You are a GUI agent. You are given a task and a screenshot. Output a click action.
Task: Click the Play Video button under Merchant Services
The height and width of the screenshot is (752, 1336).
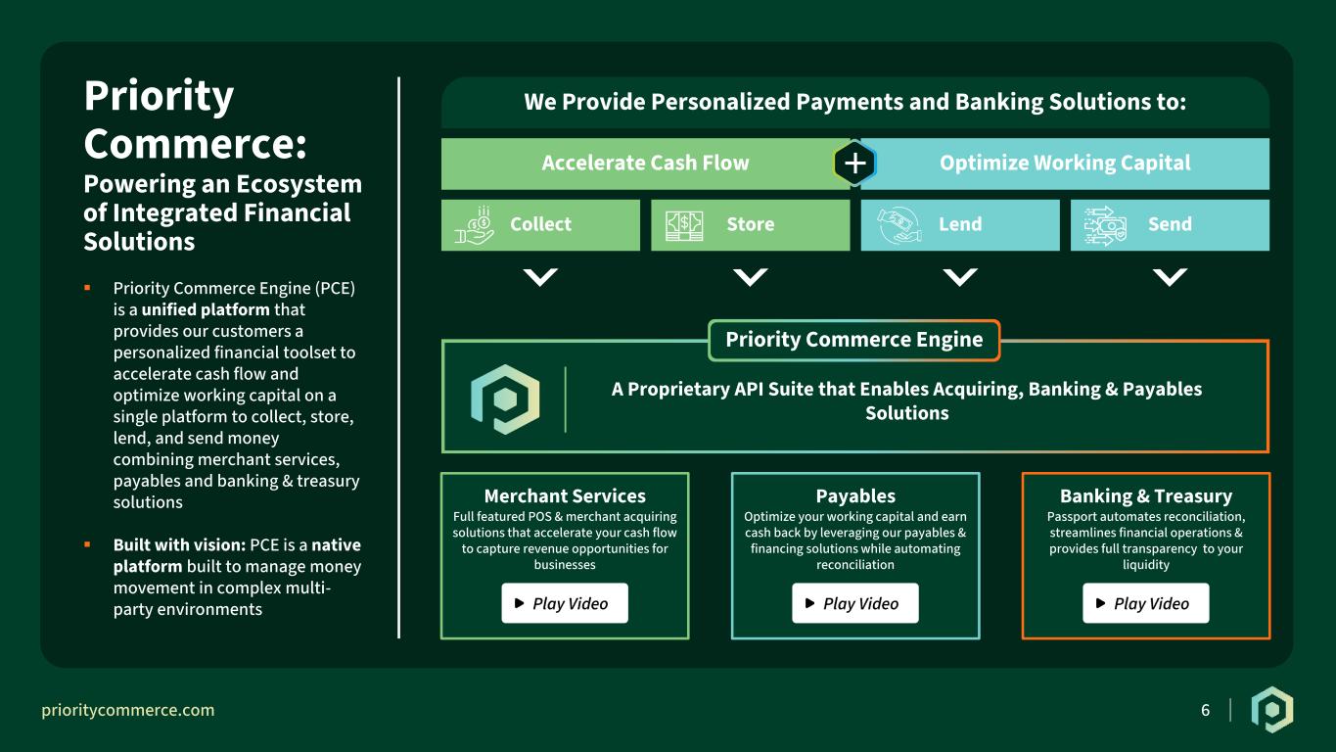click(564, 603)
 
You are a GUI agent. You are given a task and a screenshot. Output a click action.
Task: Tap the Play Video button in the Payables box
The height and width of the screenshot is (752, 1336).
click(855, 603)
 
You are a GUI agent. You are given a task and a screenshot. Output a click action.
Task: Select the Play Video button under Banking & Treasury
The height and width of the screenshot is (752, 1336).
click(1146, 603)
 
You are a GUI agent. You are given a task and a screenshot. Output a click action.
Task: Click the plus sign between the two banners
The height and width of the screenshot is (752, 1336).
click(854, 163)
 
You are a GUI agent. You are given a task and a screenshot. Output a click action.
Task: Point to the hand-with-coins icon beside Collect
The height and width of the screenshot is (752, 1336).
click(475, 225)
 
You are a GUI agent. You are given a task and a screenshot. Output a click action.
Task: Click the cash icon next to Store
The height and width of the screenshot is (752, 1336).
click(684, 225)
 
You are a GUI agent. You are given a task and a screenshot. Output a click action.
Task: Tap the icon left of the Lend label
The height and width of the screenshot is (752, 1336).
click(899, 225)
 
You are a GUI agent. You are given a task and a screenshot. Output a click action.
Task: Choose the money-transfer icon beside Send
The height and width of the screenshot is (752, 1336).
click(1105, 225)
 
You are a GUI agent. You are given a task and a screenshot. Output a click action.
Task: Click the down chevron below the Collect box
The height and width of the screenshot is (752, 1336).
click(540, 277)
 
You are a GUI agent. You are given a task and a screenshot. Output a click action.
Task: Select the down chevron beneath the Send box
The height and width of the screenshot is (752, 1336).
click(1170, 277)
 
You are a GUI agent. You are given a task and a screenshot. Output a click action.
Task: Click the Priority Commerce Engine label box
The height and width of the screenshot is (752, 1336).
click(854, 340)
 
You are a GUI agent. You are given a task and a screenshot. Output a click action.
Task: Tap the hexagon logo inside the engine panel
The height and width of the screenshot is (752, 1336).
click(505, 399)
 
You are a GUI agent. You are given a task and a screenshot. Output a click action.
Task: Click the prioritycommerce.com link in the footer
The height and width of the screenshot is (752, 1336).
click(127, 710)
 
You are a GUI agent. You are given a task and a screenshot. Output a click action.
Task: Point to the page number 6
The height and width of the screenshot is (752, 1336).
click(1206, 710)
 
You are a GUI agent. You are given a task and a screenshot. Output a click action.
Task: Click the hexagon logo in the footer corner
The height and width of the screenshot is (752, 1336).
click(1272, 710)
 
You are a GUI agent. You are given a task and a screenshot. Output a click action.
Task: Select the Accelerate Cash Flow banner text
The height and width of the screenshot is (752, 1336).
click(645, 163)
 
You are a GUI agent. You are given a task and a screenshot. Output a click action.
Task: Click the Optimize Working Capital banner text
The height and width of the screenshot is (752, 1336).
click(1065, 163)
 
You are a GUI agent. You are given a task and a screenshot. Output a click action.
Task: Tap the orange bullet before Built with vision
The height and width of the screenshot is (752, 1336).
click(88, 544)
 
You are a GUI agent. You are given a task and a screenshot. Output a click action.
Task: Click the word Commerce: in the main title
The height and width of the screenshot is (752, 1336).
click(195, 145)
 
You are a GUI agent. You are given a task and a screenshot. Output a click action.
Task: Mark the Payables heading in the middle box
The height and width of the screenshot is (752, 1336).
click(855, 496)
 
